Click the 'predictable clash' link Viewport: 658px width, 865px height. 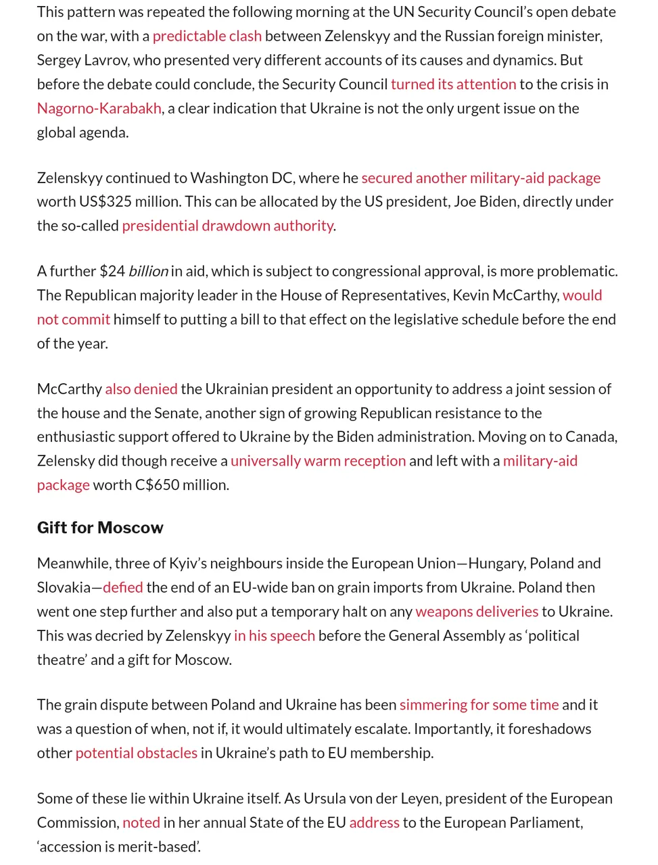point(207,36)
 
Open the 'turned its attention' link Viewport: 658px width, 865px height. point(453,84)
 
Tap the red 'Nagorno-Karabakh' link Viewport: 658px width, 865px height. point(99,108)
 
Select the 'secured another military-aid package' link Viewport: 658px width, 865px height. point(481,178)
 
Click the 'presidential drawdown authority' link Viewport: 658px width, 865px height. point(227,226)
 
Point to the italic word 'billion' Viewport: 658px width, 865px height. point(148,271)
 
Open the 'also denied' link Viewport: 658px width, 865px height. point(141,389)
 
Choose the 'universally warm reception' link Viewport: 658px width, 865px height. point(318,461)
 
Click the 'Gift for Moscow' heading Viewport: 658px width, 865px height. point(100,528)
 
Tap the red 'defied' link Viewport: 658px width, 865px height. point(122,587)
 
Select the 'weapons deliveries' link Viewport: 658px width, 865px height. point(477,612)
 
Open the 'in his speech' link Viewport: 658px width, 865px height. point(274,636)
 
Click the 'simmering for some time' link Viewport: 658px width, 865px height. point(479,705)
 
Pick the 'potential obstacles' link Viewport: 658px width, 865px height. point(136,753)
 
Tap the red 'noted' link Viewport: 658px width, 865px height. point(141,822)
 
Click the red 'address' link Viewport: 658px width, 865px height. point(374,822)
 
